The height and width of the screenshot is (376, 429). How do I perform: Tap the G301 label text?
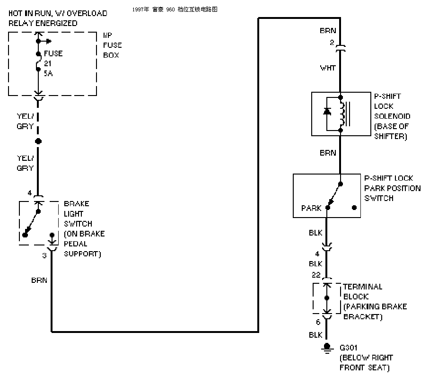348,348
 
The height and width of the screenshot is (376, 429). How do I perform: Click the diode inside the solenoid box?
327,111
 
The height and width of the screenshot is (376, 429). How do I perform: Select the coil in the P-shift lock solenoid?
342,114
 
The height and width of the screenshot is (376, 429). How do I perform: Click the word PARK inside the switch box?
311,208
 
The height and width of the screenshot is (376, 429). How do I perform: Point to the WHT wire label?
328,68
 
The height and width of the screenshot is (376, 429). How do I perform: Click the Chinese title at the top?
175,9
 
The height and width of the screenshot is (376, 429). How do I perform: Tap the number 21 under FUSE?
48,63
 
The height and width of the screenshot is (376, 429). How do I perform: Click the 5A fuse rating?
48,73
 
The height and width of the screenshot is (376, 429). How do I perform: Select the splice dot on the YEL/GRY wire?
38,141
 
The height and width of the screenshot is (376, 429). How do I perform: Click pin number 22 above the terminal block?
316,275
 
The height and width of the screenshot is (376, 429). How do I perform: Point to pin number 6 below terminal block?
318,322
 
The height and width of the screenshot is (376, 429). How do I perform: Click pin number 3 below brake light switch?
44,255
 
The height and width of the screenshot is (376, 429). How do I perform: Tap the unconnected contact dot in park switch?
354,208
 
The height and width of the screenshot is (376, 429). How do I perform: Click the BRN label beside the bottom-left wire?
39,280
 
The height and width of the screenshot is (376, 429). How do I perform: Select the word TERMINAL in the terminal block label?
363,287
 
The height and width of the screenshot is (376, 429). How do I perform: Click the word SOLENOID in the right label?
392,116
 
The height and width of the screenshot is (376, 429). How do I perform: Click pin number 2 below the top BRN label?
332,43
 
